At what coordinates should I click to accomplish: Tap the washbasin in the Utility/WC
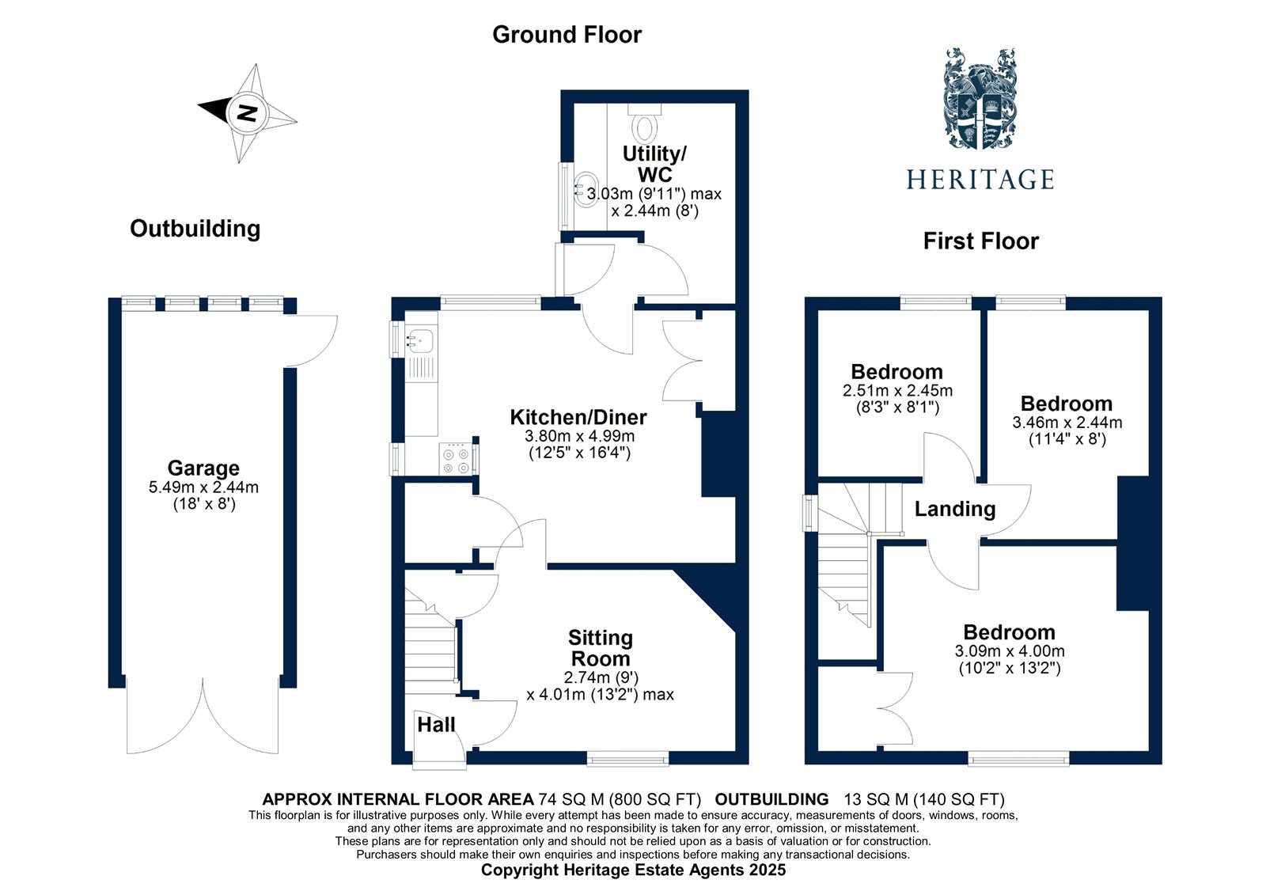point(586,190)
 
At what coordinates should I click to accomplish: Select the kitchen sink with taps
point(420,341)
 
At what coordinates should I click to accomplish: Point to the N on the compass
point(248,112)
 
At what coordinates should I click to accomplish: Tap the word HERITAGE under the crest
point(980,180)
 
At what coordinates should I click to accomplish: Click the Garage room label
point(203,468)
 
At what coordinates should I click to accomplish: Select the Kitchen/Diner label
point(578,417)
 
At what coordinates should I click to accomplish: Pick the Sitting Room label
point(600,648)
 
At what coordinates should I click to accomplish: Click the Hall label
point(436,724)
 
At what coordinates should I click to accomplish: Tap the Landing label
point(954,509)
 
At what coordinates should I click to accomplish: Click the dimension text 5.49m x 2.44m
point(203,487)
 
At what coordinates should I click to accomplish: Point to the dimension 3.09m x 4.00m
point(1009,651)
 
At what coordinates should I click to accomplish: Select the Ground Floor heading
point(567,35)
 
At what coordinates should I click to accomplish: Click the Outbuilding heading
point(195,229)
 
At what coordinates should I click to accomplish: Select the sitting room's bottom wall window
point(627,759)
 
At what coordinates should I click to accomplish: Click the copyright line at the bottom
point(633,870)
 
